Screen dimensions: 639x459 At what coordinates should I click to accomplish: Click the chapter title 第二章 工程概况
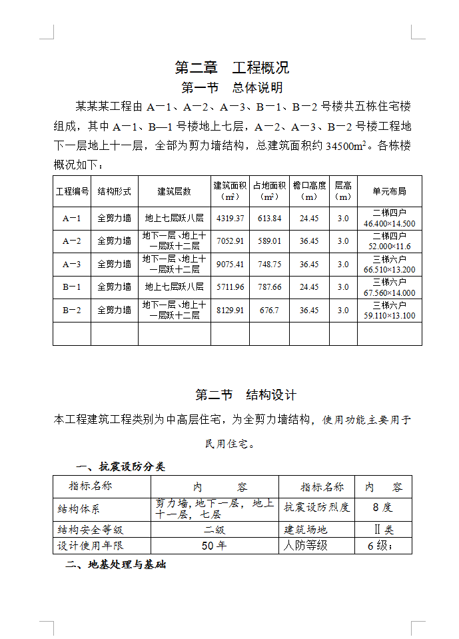coord(231,67)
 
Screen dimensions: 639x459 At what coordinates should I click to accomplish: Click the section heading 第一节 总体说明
coord(232,88)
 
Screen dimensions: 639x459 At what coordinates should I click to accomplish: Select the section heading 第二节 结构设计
coord(245,394)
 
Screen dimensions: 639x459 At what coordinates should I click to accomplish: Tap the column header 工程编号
coord(72,191)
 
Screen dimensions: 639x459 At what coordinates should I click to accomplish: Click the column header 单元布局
coord(389,191)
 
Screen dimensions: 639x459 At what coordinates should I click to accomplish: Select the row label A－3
coord(72,264)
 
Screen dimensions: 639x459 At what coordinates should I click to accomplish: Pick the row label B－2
coord(72,310)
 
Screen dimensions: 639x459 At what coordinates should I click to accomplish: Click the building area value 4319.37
coord(230,219)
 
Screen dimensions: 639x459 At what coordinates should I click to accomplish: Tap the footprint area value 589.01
coord(270,241)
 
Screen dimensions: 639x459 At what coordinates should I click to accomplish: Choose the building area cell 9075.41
coord(230,265)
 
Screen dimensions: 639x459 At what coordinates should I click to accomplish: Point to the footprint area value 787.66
coord(270,287)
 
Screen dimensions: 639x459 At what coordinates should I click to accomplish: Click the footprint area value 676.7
coord(270,311)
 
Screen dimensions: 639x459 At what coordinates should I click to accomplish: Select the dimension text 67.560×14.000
coord(390,293)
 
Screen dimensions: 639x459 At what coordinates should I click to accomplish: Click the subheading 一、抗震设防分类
coord(121,466)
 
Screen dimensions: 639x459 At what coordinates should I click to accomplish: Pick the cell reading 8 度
coord(382,507)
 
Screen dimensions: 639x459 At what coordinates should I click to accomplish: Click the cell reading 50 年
coord(214,545)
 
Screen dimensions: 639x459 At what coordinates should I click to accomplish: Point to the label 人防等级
coord(306,545)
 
